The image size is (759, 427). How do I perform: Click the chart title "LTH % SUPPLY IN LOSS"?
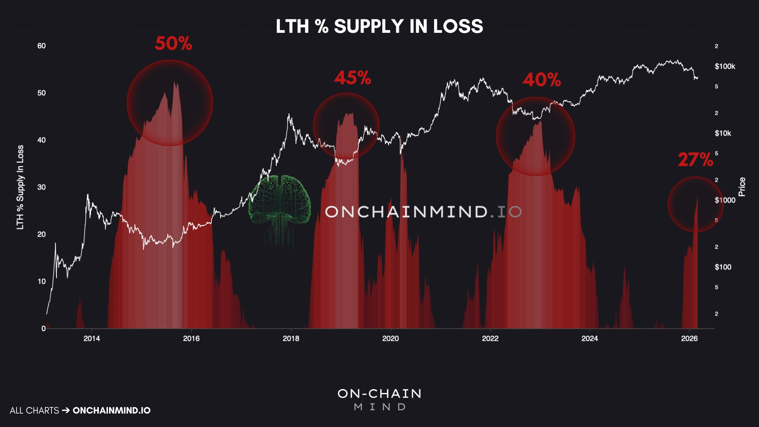pos(379,26)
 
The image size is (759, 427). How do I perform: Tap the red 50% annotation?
pos(173,43)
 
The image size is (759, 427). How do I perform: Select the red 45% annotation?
pos(352,78)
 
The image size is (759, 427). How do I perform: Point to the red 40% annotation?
pos(542,80)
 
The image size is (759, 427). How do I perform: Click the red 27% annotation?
pos(695,160)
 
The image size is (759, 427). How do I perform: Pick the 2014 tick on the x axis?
pos(92,338)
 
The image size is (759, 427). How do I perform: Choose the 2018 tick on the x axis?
pos(291,338)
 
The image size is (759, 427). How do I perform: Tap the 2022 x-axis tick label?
pos(490,338)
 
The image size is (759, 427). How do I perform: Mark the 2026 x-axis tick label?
pos(689,338)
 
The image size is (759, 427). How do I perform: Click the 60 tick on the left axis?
pos(42,46)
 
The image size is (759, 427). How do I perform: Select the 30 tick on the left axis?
pos(42,187)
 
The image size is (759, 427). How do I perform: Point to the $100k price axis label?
pos(725,66)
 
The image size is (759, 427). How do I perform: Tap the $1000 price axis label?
pos(725,200)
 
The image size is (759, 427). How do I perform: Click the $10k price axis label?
pos(723,133)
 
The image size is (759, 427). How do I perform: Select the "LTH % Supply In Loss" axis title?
pos(20,187)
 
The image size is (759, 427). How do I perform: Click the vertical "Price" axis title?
pos(742,187)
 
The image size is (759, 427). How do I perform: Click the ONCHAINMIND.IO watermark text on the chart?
pos(423,212)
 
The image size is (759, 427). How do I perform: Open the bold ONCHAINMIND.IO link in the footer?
pos(111,410)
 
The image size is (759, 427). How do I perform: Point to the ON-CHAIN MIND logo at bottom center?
pos(379,399)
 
